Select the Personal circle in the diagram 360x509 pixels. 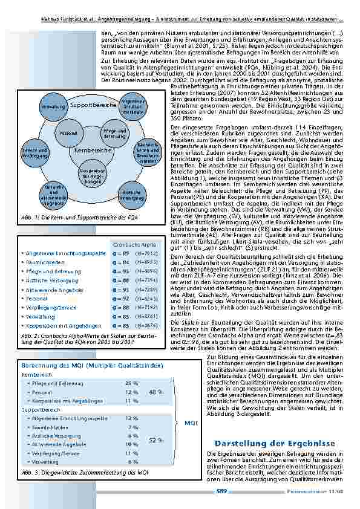[x=68, y=132]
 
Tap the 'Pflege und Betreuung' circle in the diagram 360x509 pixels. [x=111, y=132]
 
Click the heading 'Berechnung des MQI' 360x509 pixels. [x=91, y=366]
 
